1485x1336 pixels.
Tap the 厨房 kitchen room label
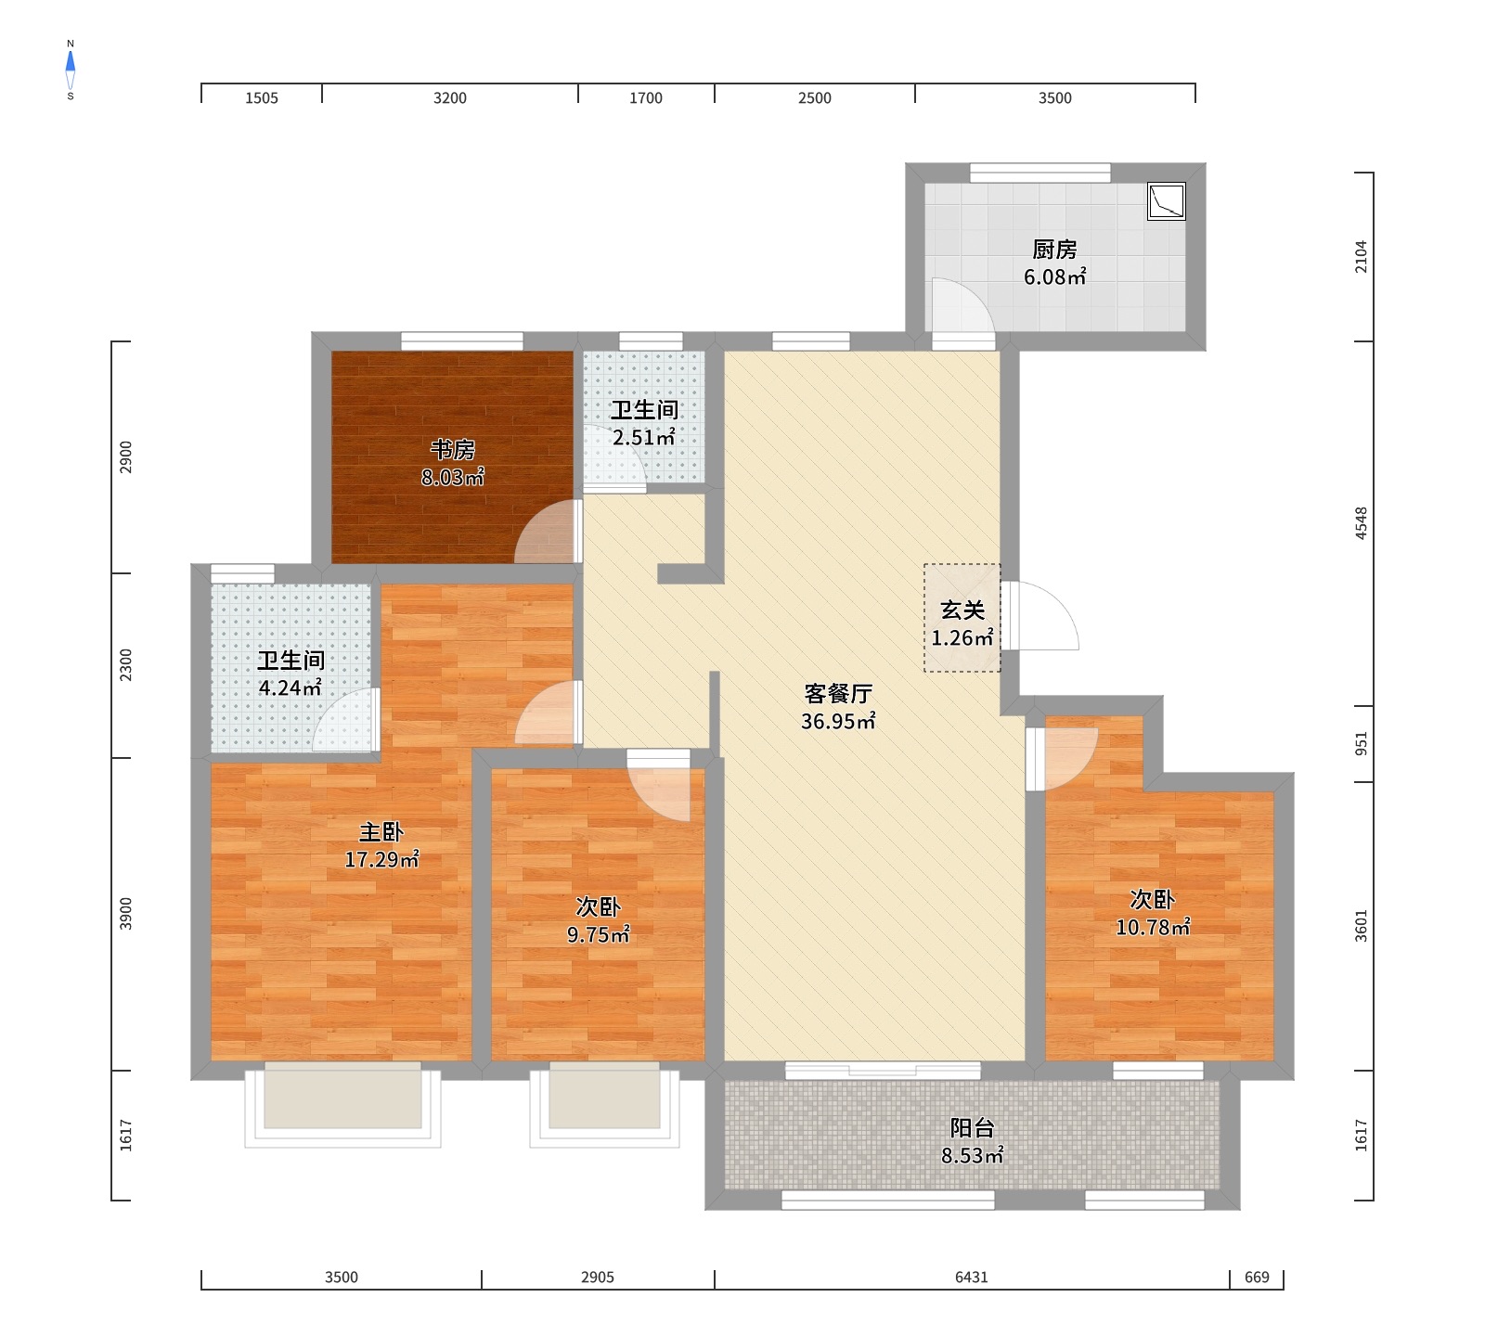pos(1055,250)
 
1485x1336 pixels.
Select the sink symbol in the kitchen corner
pos(1167,201)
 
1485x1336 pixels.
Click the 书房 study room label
pos(453,450)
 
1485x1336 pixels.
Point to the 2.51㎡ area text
pos(643,437)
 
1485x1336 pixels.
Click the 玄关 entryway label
pos(962,610)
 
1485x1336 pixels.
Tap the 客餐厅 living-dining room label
pos(838,694)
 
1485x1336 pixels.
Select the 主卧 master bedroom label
pos(381,832)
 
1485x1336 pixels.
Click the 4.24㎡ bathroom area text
pos(291,687)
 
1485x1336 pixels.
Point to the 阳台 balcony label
pos(972,1128)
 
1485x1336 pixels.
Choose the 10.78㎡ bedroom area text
pos(1153,927)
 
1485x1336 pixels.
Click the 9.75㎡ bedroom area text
pos(599,934)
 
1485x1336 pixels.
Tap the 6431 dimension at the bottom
pos(972,1278)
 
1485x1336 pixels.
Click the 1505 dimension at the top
pos(262,98)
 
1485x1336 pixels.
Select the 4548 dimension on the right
pos(1362,523)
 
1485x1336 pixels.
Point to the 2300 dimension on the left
pos(126,665)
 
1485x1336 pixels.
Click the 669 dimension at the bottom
pos(1257,1278)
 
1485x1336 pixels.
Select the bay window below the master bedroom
pos(342,1109)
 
